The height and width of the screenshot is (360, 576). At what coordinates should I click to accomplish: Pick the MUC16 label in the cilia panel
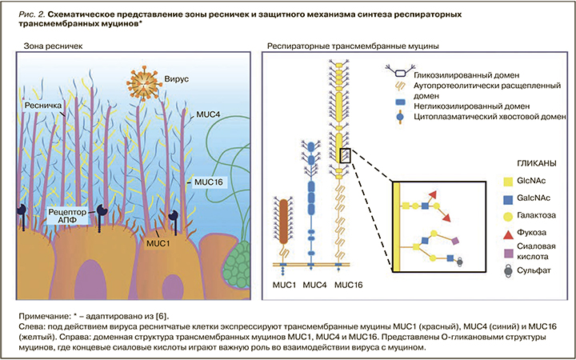(206, 182)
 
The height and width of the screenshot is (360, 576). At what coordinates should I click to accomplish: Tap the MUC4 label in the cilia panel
(210, 114)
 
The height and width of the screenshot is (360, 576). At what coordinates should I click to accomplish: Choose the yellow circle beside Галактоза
(500, 216)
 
